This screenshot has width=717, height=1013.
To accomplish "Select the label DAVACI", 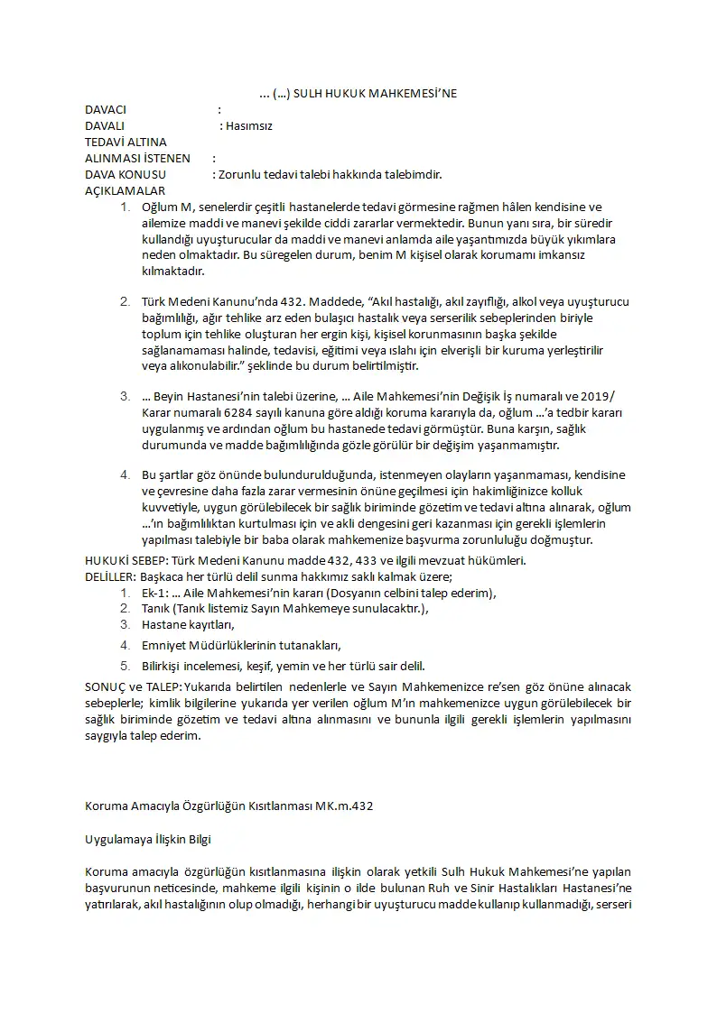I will [105, 110].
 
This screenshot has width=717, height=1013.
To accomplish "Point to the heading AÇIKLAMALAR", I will [125, 190].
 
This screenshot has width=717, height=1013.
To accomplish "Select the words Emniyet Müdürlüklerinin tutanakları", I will [241, 645].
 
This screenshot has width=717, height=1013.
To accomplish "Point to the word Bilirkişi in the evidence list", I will [165, 667].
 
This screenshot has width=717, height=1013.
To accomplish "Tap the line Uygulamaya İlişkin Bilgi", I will [147, 839].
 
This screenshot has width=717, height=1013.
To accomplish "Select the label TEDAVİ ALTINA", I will [126, 142].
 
